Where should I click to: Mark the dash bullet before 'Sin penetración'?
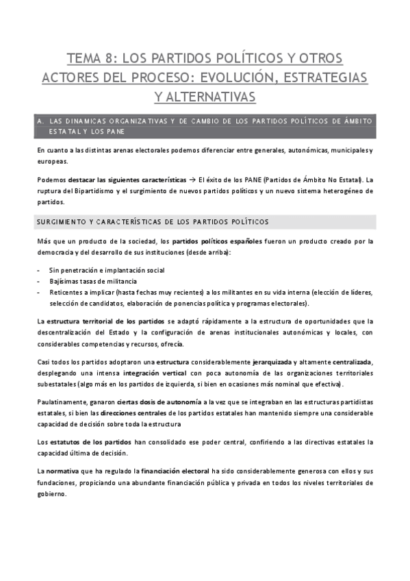(x=39, y=270)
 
